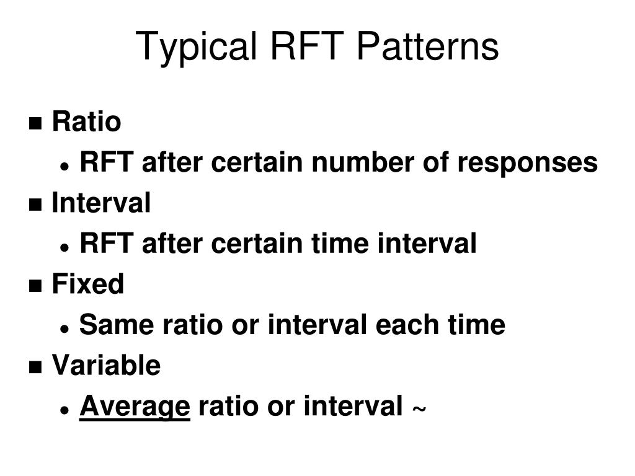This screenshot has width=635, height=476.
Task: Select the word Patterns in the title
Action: pyautogui.click(x=427, y=47)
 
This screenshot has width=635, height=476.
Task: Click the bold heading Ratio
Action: pyautogui.click(x=86, y=121)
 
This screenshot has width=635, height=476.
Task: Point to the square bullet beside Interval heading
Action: pyautogui.click(x=36, y=205)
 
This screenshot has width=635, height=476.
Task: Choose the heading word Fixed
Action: pyautogui.click(x=87, y=284)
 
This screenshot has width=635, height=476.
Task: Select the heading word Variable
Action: pyautogui.click(x=106, y=365)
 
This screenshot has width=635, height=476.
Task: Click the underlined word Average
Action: pyautogui.click(x=135, y=407)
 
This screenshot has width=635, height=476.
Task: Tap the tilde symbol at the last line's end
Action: pyautogui.click(x=419, y=410)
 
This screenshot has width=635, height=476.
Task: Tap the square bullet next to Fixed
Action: pyautogui.click(x=36, y=286)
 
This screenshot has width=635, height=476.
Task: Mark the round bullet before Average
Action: pyautogui.click(x=64, y=410)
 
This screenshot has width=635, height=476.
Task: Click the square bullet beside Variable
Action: pyautogui.click(x=36, y=367)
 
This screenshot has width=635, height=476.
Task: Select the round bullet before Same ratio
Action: pyautogui.click(x=64, y=328)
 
